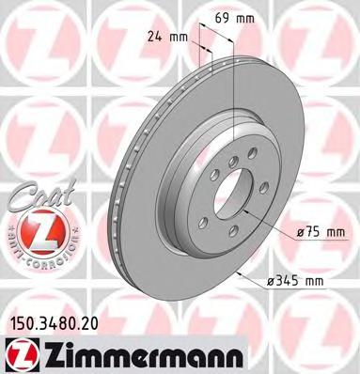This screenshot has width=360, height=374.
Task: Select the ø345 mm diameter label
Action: [302, 281]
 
